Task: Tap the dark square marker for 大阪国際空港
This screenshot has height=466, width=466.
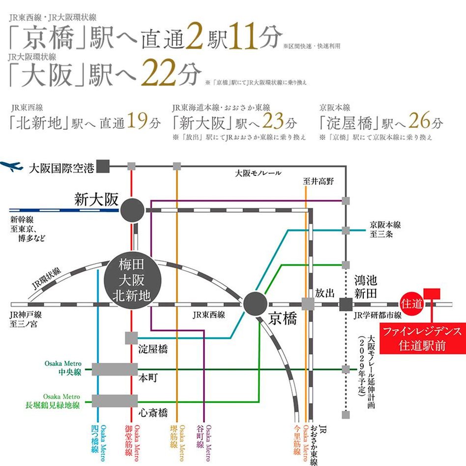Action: pos(103,167)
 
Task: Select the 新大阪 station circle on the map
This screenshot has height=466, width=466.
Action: pos(132,210)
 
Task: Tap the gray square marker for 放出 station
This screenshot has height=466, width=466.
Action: pos(308,304)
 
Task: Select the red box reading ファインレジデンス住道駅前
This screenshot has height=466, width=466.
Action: pos(422,338)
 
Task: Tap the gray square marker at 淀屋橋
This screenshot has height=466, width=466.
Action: pos(131,338)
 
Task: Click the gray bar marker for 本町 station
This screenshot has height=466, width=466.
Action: pos(115,370)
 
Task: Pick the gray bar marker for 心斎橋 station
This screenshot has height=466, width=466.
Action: pos(115,401)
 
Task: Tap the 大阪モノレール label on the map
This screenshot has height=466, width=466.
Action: pos(258,173)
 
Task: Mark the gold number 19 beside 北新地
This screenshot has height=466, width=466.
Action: pos(138,121)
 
